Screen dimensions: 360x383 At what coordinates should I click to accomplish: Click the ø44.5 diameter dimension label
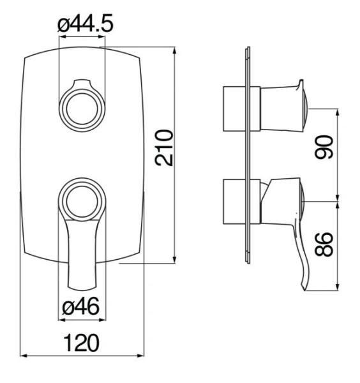pyautogui.click(x=86, y=23)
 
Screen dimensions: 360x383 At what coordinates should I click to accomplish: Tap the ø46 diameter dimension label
pyautogui.click(x=81, y=307)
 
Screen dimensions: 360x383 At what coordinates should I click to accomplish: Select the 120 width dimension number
pyautogui.click(x=81, y=343)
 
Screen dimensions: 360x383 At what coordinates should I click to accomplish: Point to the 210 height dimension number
pyautogui.click(x=164, y=148)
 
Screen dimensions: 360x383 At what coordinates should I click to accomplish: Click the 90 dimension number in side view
pyautogui.click(x=324, y=147)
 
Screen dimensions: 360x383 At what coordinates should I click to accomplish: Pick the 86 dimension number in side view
pyautogui.click(x=324, y=244)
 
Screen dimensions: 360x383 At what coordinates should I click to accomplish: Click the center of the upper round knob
pyautogui.click(x=82, y=109)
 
